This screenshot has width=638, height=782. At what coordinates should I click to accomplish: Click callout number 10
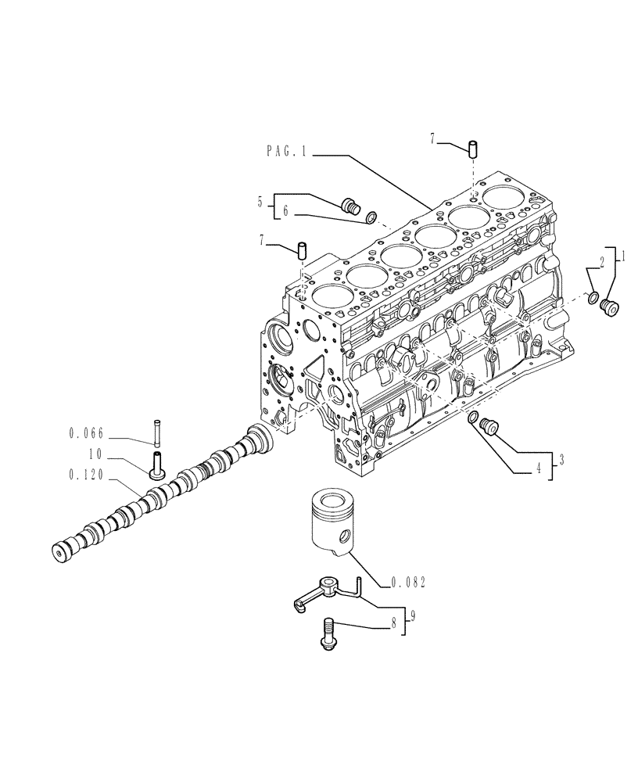pyautogui.click(x=95, y=453)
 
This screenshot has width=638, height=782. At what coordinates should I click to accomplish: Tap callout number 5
pyautogui.click(x=260, y=203)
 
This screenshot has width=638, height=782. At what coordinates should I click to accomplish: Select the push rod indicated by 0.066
pyautogui.click(x=156, y=430)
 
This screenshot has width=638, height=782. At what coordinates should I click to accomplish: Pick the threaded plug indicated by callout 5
pyautogui.click(x=352, y=207)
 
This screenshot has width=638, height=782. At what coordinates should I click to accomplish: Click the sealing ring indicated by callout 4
pyautogui.click(x=473, y=420)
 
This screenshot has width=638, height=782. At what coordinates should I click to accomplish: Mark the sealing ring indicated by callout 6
pyautogui.click(x=374, y=216)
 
